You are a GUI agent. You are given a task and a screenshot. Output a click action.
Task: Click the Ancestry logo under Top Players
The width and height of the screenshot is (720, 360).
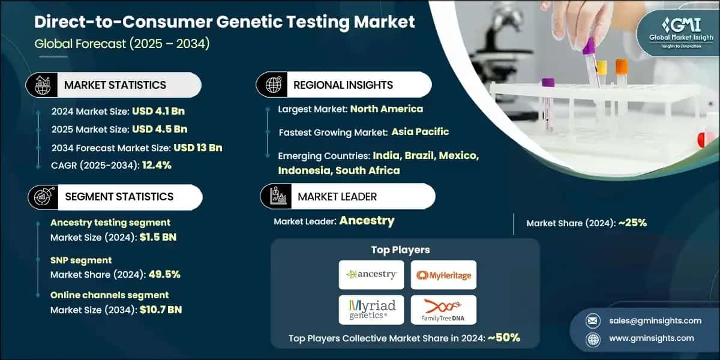(371, 275)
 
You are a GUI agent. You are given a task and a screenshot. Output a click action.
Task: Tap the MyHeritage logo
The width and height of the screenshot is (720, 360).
(443, 275)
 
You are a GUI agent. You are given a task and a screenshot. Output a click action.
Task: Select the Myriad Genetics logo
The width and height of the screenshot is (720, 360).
(371, 310)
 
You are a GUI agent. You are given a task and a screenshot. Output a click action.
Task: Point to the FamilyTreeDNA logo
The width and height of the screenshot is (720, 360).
(443, 310)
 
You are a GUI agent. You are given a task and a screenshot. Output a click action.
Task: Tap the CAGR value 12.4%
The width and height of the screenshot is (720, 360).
(157, 166)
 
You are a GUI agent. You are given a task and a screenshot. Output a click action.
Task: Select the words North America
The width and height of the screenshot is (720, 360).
(386, 109)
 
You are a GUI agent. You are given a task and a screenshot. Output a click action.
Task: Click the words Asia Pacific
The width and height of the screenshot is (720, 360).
(420, 131)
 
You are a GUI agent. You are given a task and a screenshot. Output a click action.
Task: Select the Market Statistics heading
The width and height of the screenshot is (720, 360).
(115, 85)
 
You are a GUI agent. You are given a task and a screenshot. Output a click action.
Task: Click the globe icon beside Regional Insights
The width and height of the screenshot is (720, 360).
(274, 85)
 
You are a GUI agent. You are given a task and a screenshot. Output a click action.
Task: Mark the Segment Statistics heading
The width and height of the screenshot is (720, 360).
(118, 197)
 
